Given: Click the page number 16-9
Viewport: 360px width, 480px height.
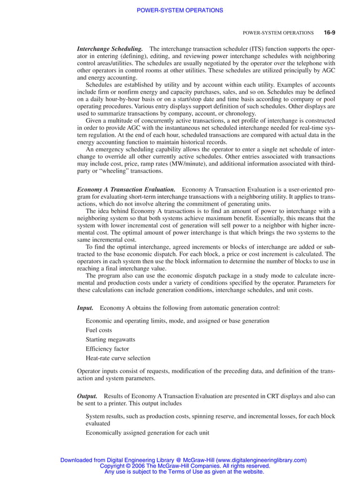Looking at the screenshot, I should pos(330,33).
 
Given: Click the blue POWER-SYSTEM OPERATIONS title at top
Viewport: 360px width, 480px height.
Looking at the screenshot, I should pos(180,10).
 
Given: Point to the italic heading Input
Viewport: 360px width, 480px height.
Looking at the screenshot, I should pos(85,308).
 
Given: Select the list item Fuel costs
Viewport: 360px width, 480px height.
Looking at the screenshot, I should pos(99,329).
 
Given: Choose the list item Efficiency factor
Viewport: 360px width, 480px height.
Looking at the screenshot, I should pos(107,348).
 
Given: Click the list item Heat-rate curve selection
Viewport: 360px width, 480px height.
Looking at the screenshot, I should pos(118,358).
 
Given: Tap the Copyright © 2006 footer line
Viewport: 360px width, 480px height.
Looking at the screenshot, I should pos(185,466).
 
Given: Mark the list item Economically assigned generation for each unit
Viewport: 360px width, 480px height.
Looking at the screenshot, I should pos(147,433).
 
